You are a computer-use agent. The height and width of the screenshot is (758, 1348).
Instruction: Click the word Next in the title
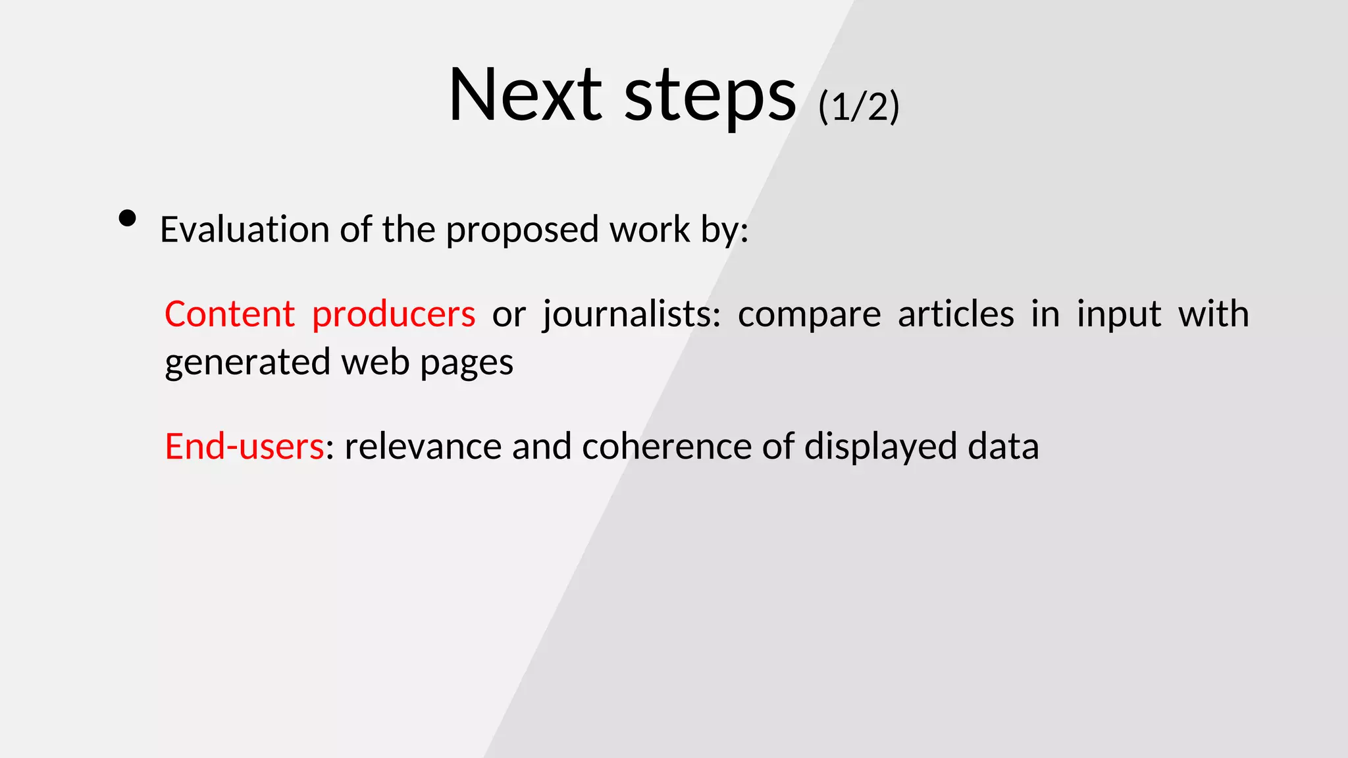(x=525, y=95)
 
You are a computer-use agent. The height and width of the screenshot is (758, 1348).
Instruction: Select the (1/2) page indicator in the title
(x=858, y=107)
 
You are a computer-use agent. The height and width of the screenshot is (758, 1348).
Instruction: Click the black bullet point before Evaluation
(x=128, y=218)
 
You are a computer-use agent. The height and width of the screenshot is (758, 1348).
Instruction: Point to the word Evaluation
(x=244, y=230)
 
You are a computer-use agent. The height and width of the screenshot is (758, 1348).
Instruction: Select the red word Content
(x=229, y=314)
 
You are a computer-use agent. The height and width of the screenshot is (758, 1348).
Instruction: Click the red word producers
(x=393, y=315)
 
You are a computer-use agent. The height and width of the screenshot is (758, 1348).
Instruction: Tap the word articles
(x=956, y=314)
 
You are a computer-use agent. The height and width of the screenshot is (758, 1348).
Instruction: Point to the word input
(x=1118, y=315)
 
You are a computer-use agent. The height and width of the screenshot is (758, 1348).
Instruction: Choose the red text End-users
(x=244, y=447)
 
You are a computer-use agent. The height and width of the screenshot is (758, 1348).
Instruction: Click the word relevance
(x=423, y=447)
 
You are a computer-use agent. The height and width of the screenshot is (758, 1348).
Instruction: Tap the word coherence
(x=666, y=447)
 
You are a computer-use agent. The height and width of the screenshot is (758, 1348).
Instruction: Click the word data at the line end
(x=1003, y=447)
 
